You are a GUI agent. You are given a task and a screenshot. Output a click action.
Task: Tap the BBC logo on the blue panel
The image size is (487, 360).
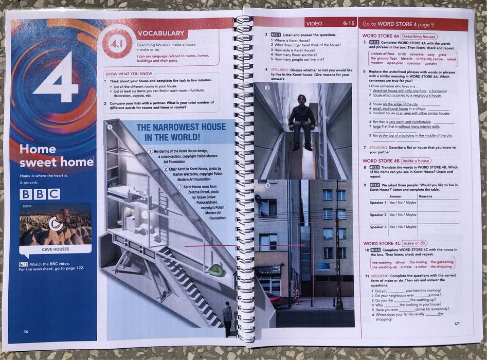point(40,194)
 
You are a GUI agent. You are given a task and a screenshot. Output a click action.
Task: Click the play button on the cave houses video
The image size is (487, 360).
point(56,224)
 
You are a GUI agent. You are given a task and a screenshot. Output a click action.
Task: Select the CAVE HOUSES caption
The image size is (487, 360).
point(56,249)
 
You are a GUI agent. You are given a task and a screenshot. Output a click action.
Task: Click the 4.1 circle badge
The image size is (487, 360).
point(117,42)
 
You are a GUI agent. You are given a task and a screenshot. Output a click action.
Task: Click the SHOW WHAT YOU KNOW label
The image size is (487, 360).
point(129,74)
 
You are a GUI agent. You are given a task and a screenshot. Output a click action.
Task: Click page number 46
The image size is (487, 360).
point(26,331)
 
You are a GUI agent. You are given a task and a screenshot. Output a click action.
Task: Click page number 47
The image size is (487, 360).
point(456,323)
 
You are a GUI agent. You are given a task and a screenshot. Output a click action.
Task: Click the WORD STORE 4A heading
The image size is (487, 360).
point(381,36)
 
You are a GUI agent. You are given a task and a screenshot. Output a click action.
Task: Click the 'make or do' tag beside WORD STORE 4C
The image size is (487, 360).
point(414,243)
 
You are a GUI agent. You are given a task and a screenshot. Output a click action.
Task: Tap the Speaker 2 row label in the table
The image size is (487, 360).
point(378,214)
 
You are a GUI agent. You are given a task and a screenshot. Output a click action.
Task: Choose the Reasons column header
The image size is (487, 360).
point(426,196)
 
